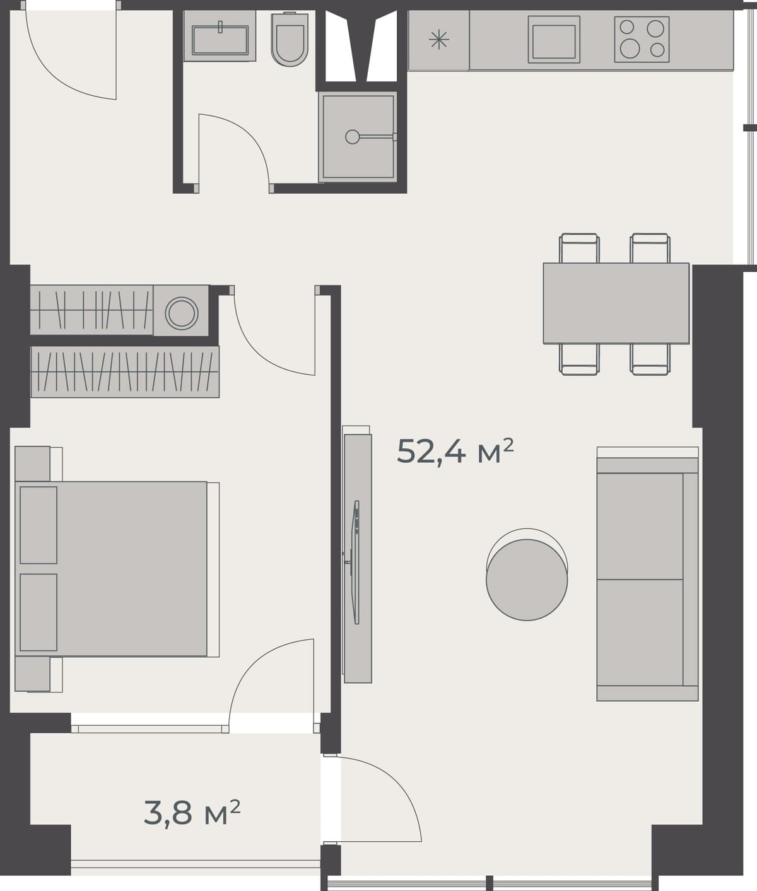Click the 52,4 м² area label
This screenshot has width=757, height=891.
coord(455,451)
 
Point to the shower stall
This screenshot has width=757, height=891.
coord(358,136)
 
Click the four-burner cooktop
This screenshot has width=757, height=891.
coord(642,39)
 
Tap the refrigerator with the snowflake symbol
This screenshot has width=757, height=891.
coord(438,41)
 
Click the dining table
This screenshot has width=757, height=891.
coord(616,303)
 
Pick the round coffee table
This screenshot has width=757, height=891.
coord(527,579)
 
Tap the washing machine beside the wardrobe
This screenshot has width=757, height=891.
coord(182,312)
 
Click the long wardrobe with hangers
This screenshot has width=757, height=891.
coord(125,371)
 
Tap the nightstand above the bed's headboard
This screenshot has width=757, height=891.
coord(32,463)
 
